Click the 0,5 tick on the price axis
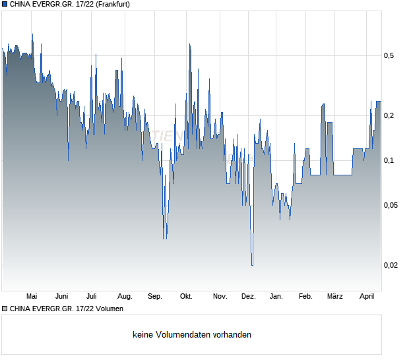(389, 56)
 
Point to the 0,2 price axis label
(389, 116)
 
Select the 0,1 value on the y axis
(389, 161)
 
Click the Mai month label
(31, 296)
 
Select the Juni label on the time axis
(62, 296)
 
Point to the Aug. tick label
(125, 296)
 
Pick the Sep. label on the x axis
(154, 296)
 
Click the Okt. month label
(186, 296)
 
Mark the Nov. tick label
(220, 296)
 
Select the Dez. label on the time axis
(248, 296)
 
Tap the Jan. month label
(276, 296)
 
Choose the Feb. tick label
(305, 296)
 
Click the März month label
(335, 296)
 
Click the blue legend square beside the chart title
(5, 4)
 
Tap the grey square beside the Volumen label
(5, 308)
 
